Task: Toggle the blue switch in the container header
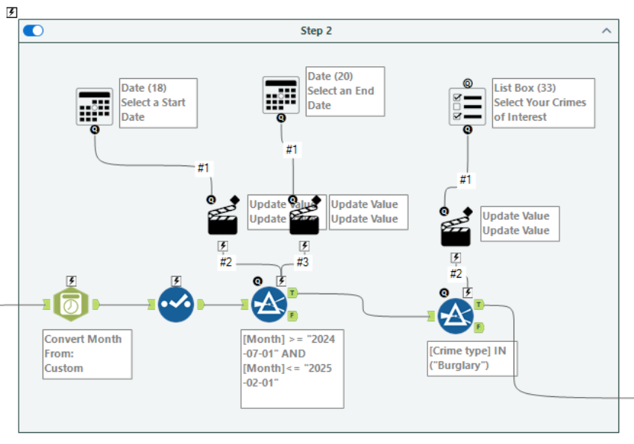click(34, 31)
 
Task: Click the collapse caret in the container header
click(606, 31)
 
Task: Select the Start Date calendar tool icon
click(94, 106)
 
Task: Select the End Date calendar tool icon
click(281, 95)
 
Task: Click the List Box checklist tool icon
click(468, 106)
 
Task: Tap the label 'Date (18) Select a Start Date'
click(158, 103)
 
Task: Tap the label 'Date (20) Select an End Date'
click(345, 91)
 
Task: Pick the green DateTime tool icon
click(71, 304)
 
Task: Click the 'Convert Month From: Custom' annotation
click(87, 354)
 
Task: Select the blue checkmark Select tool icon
click(176, 304)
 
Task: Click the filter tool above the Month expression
click(269, 304)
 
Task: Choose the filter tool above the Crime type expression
click(456, 316)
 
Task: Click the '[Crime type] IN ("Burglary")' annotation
click(472, 358)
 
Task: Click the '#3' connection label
click(302, 262)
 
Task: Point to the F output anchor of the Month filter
click(292, 315)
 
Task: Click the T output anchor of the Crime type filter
click(479, 304)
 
